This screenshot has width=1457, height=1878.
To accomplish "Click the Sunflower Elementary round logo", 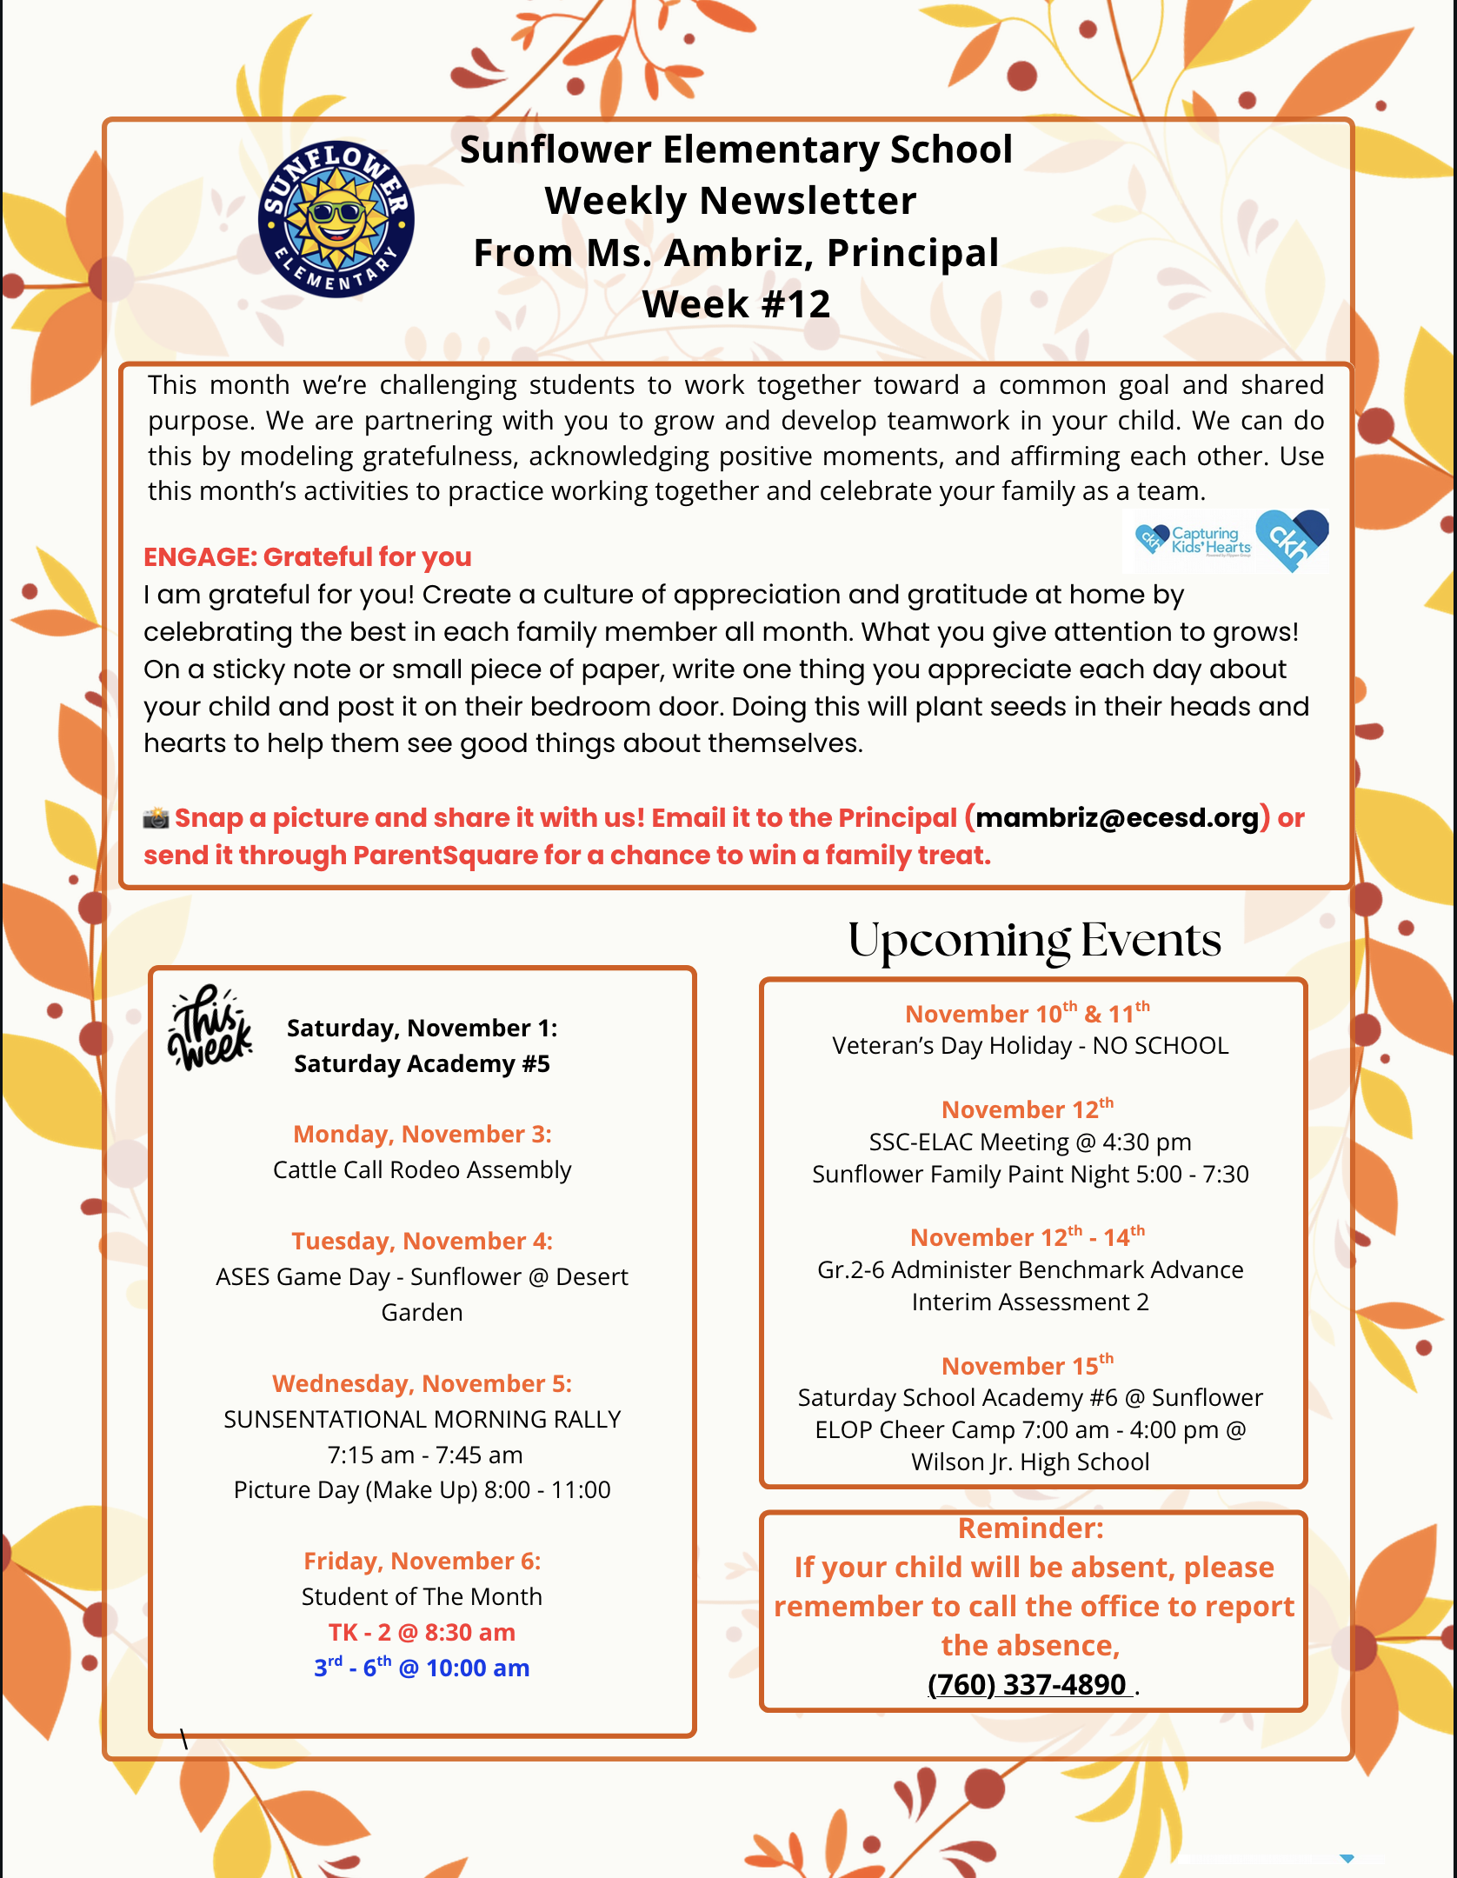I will pyautogui.click(x=336, y=219).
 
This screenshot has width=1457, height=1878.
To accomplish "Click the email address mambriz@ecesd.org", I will pyautogui.click(x=1117, y=818).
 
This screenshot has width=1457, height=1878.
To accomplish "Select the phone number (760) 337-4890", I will pyautogui.click(x=1028, y=1684).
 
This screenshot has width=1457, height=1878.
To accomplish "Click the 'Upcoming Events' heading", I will pyautogui.click(x=1035, y=941).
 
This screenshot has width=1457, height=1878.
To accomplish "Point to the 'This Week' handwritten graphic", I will pyautogui.click(x=210, y=1028).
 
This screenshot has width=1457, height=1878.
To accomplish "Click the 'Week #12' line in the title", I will pyautogui.click(x=736, y=304).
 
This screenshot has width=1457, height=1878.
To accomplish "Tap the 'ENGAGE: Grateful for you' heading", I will pyautogui.click(x=308, y=556).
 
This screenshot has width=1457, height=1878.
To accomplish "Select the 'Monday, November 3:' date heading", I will pyautogui.click(x=422, y=1134).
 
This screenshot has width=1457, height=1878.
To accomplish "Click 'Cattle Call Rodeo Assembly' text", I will pyautogui.click(x=422, y=1169).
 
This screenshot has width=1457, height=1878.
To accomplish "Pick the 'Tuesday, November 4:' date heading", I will pyautogui.click(x=422, y=1241).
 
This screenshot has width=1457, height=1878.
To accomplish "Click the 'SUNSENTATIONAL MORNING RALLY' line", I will pyautogui.click(x=422, y=1419).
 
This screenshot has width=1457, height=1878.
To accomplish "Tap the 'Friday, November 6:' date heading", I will pyautogui.click(x=422, y=1561).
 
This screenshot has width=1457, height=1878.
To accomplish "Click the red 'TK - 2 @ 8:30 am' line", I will pyautogui.click(x=422, y=1632).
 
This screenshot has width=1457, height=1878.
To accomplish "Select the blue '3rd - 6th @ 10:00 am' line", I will pyautogui.click(x=422, y=1668).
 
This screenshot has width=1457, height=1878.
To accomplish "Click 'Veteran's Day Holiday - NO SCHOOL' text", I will pyautogui.click(x=1030, y=1045).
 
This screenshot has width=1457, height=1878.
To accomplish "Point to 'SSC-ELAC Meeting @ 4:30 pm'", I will pyautogui.click(x=1030, y=1142).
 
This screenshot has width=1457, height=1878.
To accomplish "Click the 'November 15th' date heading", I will pyautogui.click(x=1028, y=1366).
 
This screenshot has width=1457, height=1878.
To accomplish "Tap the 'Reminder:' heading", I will pyautogui.click(x=1030, y=1528).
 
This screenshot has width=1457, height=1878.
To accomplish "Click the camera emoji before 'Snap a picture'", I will pyautogui.click(x=156, y=818).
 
